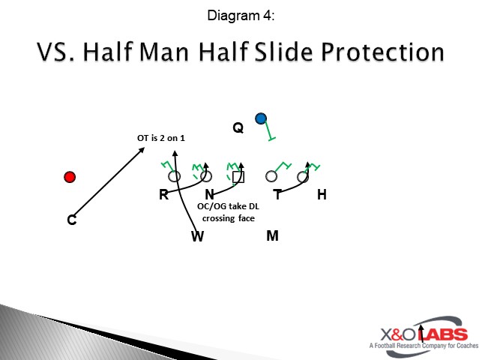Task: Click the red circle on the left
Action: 70,177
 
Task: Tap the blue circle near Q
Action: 261,118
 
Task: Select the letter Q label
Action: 238,128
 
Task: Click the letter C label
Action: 71,220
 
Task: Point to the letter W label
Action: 197,237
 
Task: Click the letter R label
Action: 163,195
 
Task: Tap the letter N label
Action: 209,195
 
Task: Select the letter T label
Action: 277,195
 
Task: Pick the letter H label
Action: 322,195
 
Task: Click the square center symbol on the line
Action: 238,177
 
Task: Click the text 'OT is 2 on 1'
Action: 160,137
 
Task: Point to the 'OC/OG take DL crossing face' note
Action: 229,212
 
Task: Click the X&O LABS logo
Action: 421,335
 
